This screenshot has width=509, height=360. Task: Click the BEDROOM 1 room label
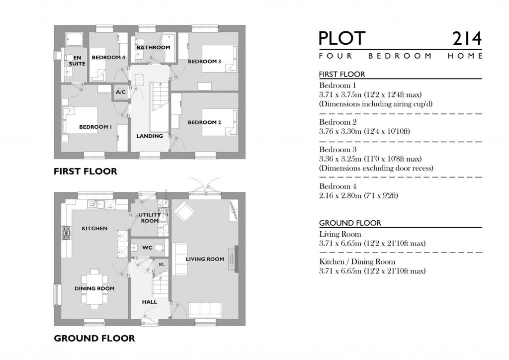tap(95, 127)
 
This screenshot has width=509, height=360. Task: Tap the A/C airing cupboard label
tap(120, 92)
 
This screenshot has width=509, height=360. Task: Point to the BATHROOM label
tap(154, 48)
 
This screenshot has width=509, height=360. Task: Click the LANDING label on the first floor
tap(150, 136)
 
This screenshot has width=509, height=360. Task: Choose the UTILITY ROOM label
tap(149, 217)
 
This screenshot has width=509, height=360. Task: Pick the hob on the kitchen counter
tap(66, 232)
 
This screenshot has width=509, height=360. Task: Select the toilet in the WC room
tap(159, 247)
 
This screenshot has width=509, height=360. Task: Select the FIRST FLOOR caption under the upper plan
tap(85, 172)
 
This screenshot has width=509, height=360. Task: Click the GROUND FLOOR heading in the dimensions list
tap(350, 223)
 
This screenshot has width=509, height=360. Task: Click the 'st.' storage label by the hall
tap(162, 264)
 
